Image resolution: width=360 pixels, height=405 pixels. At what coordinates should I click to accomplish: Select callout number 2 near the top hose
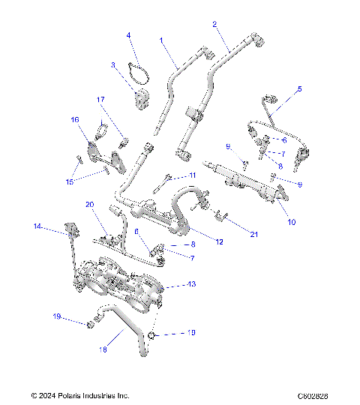click(214, 24)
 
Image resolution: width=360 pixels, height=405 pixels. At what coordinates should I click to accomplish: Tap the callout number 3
click(113, 65)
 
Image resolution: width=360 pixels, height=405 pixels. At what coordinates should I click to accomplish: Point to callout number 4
click(128, 35)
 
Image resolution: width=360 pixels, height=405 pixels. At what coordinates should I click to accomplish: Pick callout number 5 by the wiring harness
click(299, 88)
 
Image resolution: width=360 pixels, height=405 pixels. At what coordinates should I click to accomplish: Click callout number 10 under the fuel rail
click(292, 222)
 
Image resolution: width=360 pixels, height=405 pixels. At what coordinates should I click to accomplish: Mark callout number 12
click(220, 241)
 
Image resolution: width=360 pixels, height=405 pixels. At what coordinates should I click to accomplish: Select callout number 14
click(35, 226)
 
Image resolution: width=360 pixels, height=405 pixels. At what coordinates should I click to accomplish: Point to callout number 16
click(74, 119)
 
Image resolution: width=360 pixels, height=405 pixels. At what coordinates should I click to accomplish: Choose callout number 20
click(89, 204)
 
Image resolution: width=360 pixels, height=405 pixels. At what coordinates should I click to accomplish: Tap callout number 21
click(254, 234)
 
